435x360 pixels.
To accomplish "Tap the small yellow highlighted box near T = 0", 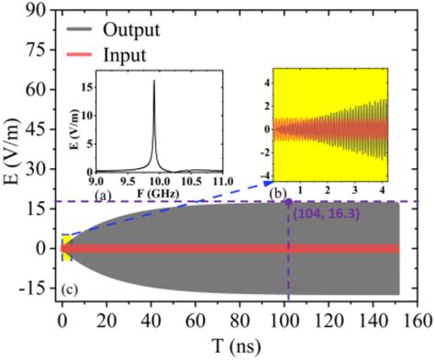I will [x=64, y=247].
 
